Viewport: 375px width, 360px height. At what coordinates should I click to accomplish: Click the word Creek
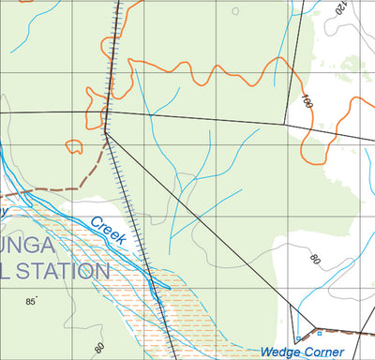coord(109,232)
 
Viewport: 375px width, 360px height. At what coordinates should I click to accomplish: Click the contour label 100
coord(307,100)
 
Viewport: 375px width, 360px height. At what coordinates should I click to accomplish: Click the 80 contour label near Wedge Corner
coord(315,259)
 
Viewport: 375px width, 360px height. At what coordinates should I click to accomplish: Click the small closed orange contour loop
coord(73,145)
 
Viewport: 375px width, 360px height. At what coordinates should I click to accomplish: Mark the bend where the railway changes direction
coord(106,131)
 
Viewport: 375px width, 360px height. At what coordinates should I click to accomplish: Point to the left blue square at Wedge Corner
coord(297,338)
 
